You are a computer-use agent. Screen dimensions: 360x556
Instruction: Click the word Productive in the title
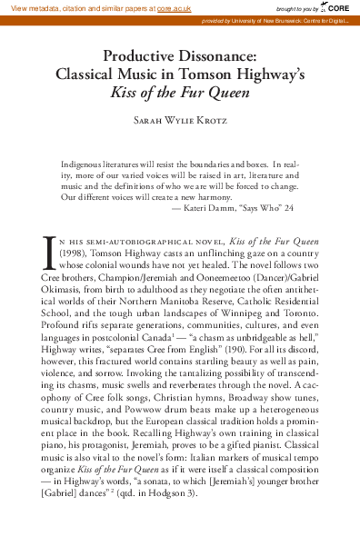[139, 56]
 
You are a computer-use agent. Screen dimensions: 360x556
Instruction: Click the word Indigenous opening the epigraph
[83, 165]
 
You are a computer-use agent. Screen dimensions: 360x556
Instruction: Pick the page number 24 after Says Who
[289, 208]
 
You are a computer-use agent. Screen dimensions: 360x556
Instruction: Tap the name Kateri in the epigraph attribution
[196, 208]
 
